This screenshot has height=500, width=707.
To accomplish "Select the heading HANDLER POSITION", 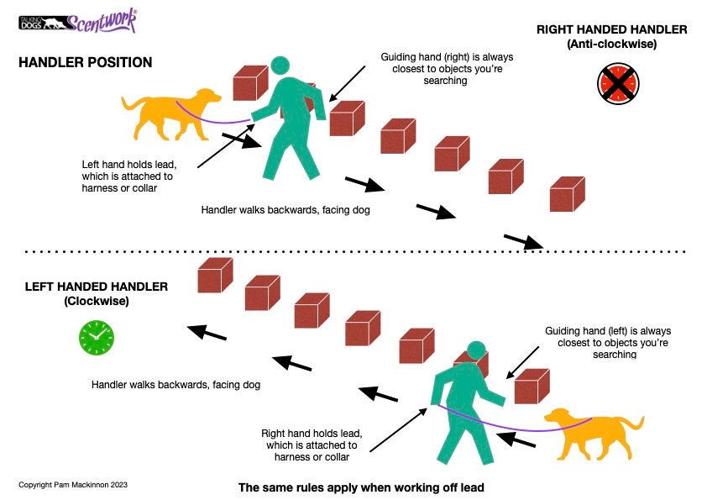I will point(86,63).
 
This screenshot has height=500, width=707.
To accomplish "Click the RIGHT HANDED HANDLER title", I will point(612,30).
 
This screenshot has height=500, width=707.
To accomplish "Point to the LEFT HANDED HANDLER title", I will point(97,287).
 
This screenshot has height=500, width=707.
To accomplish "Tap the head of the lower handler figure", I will point(476,351).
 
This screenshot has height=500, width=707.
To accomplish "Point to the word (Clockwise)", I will point(96,301).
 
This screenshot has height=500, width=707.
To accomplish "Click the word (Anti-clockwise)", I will point(612,45).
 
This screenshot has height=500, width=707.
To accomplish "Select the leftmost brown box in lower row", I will point(215,275).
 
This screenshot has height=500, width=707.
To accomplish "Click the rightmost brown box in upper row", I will point(567,194).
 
